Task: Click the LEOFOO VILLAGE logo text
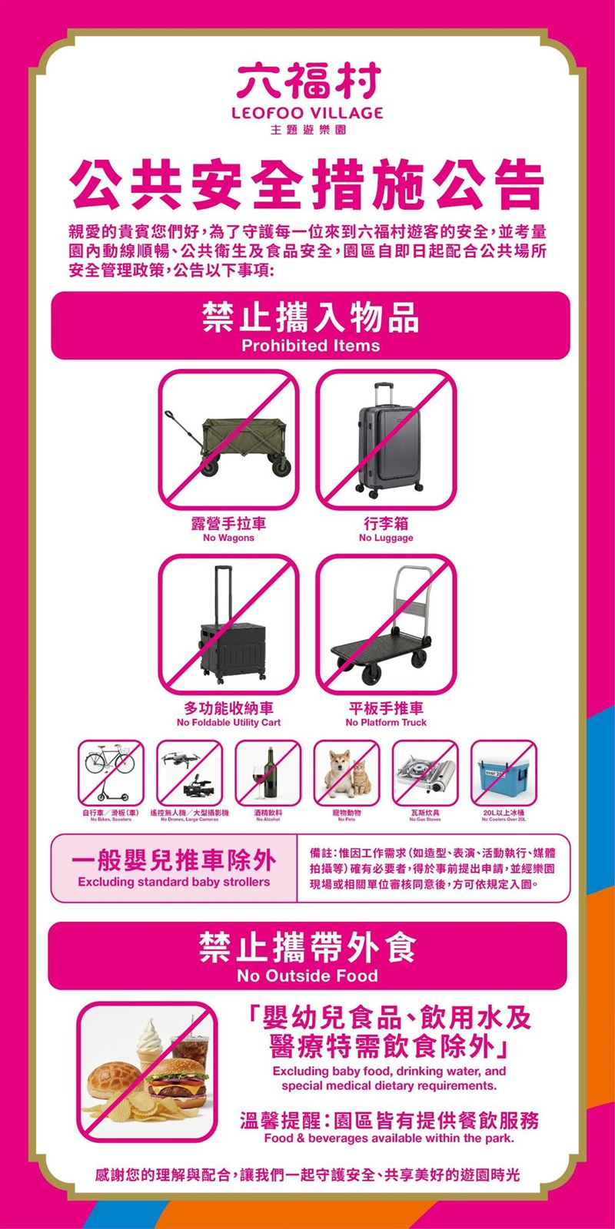click(308, 113)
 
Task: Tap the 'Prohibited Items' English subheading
click(311, 346)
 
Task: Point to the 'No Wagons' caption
click(228, 538)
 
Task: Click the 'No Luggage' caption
click(386, 538)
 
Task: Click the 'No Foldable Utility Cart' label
click(228, 723)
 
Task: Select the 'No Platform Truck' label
click(386, 723)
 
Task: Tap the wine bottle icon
click(268, 772)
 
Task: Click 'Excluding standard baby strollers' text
click(174, 882)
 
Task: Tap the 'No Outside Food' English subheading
click(307, 976)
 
